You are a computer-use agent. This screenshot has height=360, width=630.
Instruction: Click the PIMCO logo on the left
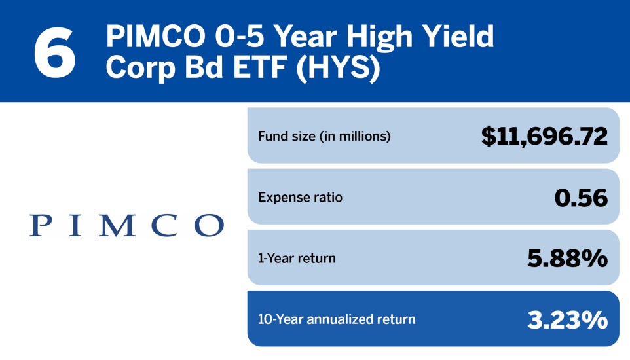(126, 225)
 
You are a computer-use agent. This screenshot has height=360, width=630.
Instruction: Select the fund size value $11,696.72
(544, 136)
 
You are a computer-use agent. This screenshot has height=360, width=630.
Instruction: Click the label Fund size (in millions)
(324, 137)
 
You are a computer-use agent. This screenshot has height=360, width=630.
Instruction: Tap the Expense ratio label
(300, 197)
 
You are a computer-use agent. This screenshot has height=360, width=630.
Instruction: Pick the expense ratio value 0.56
(581, 197)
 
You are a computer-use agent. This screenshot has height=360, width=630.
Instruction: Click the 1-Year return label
(297, 258)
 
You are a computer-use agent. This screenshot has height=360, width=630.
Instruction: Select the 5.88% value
(567, 258)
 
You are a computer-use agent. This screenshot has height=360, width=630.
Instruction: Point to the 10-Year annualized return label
(337, 319)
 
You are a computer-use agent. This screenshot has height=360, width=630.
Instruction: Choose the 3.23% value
(567, 319)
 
